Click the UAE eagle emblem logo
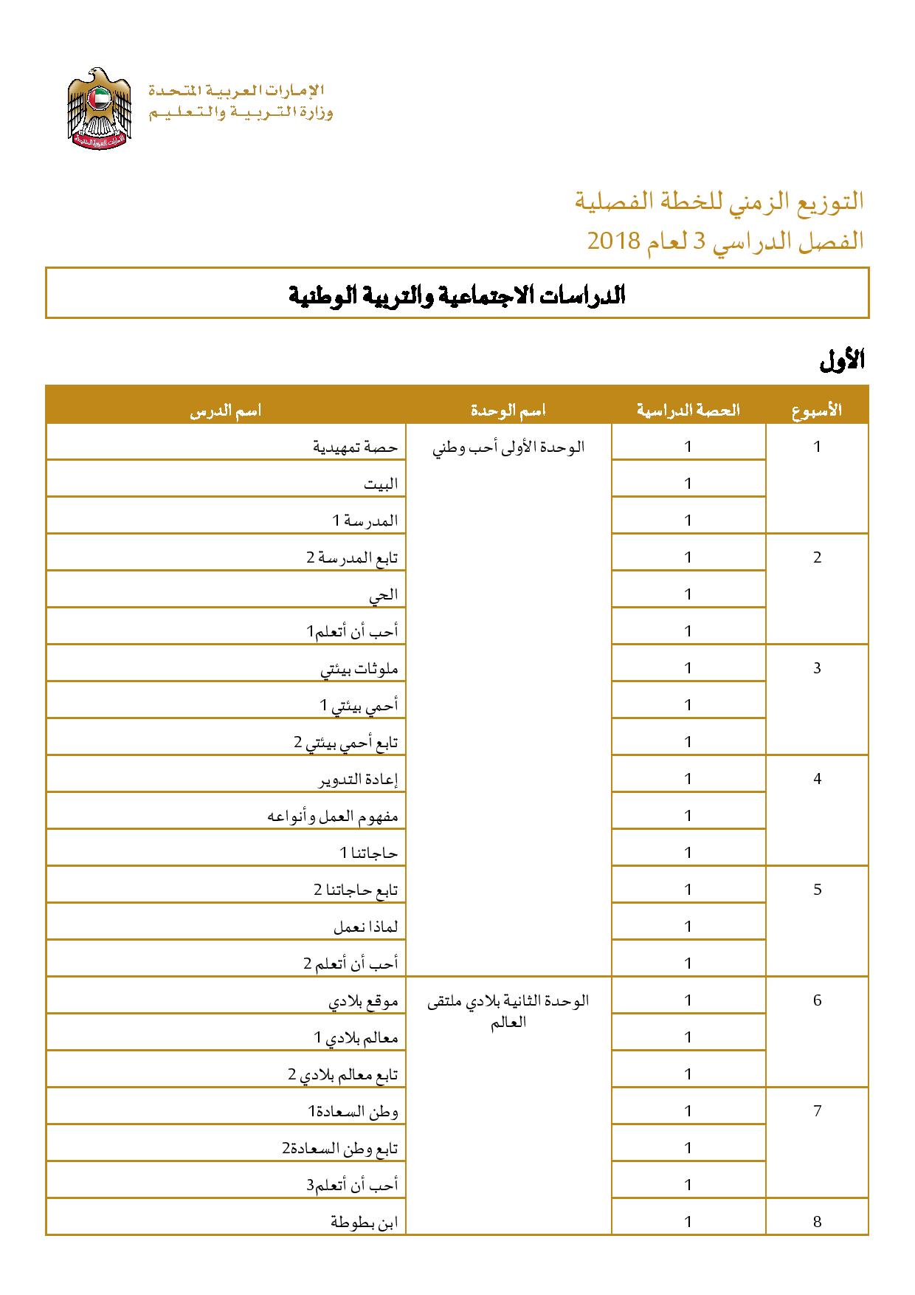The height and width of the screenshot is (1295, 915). coord(99,109)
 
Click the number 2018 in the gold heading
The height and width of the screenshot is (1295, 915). coord(612,241)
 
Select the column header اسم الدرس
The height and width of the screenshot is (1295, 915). coord(226,411)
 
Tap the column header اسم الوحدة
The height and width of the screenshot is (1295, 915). coord(508,411)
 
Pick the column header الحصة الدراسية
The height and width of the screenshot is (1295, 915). coord(688,411)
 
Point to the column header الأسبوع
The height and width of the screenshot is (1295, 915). coord(817,411)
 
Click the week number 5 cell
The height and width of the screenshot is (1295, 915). coord(817,889)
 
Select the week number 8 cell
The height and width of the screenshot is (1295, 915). coord(817,1221)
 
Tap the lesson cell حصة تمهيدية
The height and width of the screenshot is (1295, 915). coord(356,447)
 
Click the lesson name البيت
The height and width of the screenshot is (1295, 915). coord(381,484)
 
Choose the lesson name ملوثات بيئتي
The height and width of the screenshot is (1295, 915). coord(359,669)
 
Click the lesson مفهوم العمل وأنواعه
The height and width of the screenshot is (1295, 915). coord(333,817)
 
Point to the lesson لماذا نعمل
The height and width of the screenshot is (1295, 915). coord(366,927)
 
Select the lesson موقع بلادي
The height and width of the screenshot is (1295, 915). coord(363,1001)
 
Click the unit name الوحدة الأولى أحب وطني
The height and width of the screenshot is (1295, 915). coord(508,447)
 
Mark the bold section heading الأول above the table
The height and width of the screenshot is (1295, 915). coord(842,361)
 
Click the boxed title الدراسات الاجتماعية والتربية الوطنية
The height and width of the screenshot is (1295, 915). coord(457,295)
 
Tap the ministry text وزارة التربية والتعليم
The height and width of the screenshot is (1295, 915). coord(241,113)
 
